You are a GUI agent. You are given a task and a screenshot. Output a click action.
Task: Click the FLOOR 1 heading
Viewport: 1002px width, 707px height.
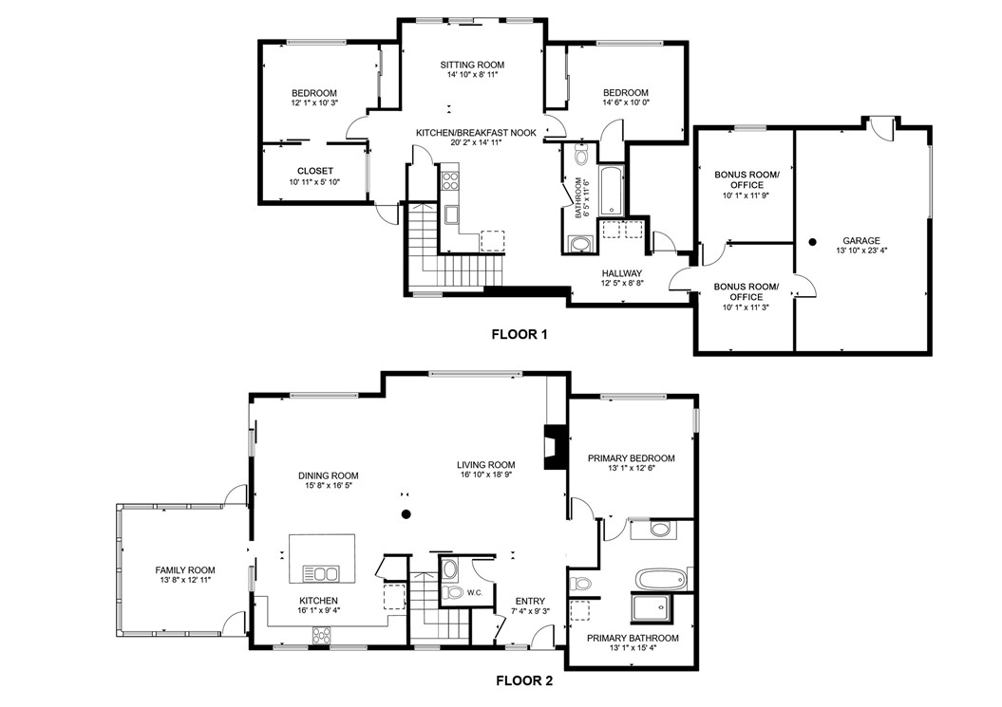click(x=519, y=334)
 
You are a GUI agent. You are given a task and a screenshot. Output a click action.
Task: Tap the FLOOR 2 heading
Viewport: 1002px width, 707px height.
click(x=524, y=680)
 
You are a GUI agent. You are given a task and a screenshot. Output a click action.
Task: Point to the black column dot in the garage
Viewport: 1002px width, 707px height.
click(x=813, y=242)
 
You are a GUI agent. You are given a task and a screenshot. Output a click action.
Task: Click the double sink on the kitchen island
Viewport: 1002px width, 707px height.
click(x=322, y=572)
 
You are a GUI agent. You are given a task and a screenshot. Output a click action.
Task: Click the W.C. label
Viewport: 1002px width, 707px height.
click(x=476, y=594)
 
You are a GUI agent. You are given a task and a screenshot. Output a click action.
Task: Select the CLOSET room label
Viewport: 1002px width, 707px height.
click(x=314, y=171)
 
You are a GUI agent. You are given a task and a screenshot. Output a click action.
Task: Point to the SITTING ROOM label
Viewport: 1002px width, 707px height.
click(x=472, y=65)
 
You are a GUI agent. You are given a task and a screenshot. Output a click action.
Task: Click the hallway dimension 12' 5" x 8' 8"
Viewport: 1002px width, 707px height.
click(x=622, y=283)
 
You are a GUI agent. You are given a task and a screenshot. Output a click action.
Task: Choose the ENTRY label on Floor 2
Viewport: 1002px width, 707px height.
click(x=530, y=601)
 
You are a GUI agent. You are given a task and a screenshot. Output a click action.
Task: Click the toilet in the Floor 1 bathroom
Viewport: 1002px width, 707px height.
click(x=581, y=155)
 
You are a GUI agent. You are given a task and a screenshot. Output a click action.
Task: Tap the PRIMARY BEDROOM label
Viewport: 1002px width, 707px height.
click(x=631, y=458)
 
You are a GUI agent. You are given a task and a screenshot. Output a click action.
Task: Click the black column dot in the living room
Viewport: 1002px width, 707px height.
click(x=406, y=514)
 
